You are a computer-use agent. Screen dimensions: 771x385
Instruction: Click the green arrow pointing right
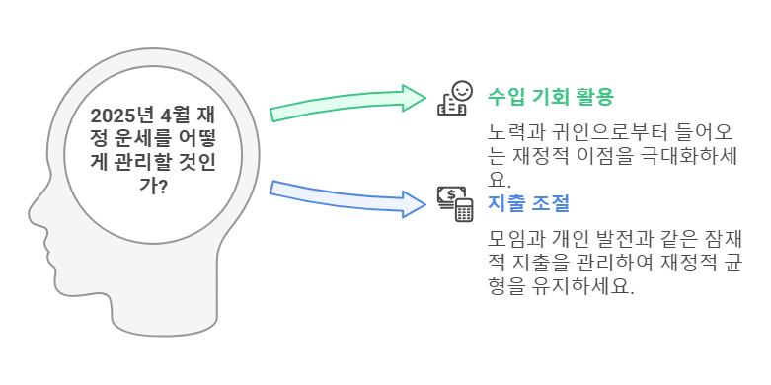tap(347, 103)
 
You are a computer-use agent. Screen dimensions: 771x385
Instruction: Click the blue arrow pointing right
tap(347, 198)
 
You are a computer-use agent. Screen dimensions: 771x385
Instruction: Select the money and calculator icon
tap(455, 203)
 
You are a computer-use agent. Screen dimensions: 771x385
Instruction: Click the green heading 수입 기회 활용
tap(551, 97)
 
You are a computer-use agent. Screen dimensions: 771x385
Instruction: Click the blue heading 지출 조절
tap(528, 203)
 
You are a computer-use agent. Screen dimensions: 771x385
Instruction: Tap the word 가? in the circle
tap(153, 186)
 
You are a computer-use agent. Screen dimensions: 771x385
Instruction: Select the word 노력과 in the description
tap(512, 132)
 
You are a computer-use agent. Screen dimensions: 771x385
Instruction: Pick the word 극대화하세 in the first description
tap(696, 156)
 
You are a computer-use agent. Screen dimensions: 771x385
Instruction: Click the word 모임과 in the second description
tap(512, 240)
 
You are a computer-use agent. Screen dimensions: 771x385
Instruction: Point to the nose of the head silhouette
tap(34, 212)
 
